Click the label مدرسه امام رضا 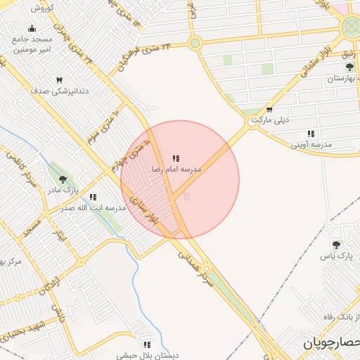point(176,170)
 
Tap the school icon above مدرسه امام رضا point(176,159)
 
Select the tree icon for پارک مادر point(63,180)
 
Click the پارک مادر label point(62,191)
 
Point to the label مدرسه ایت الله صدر point(92,208)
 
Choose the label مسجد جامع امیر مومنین point(35,44)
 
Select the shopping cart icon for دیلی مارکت point(269,110)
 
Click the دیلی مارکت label point(270,120)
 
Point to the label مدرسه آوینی point(311,144)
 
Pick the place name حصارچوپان point(330,343)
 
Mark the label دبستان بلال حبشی point(147,355)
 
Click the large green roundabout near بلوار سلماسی point(350,27)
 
